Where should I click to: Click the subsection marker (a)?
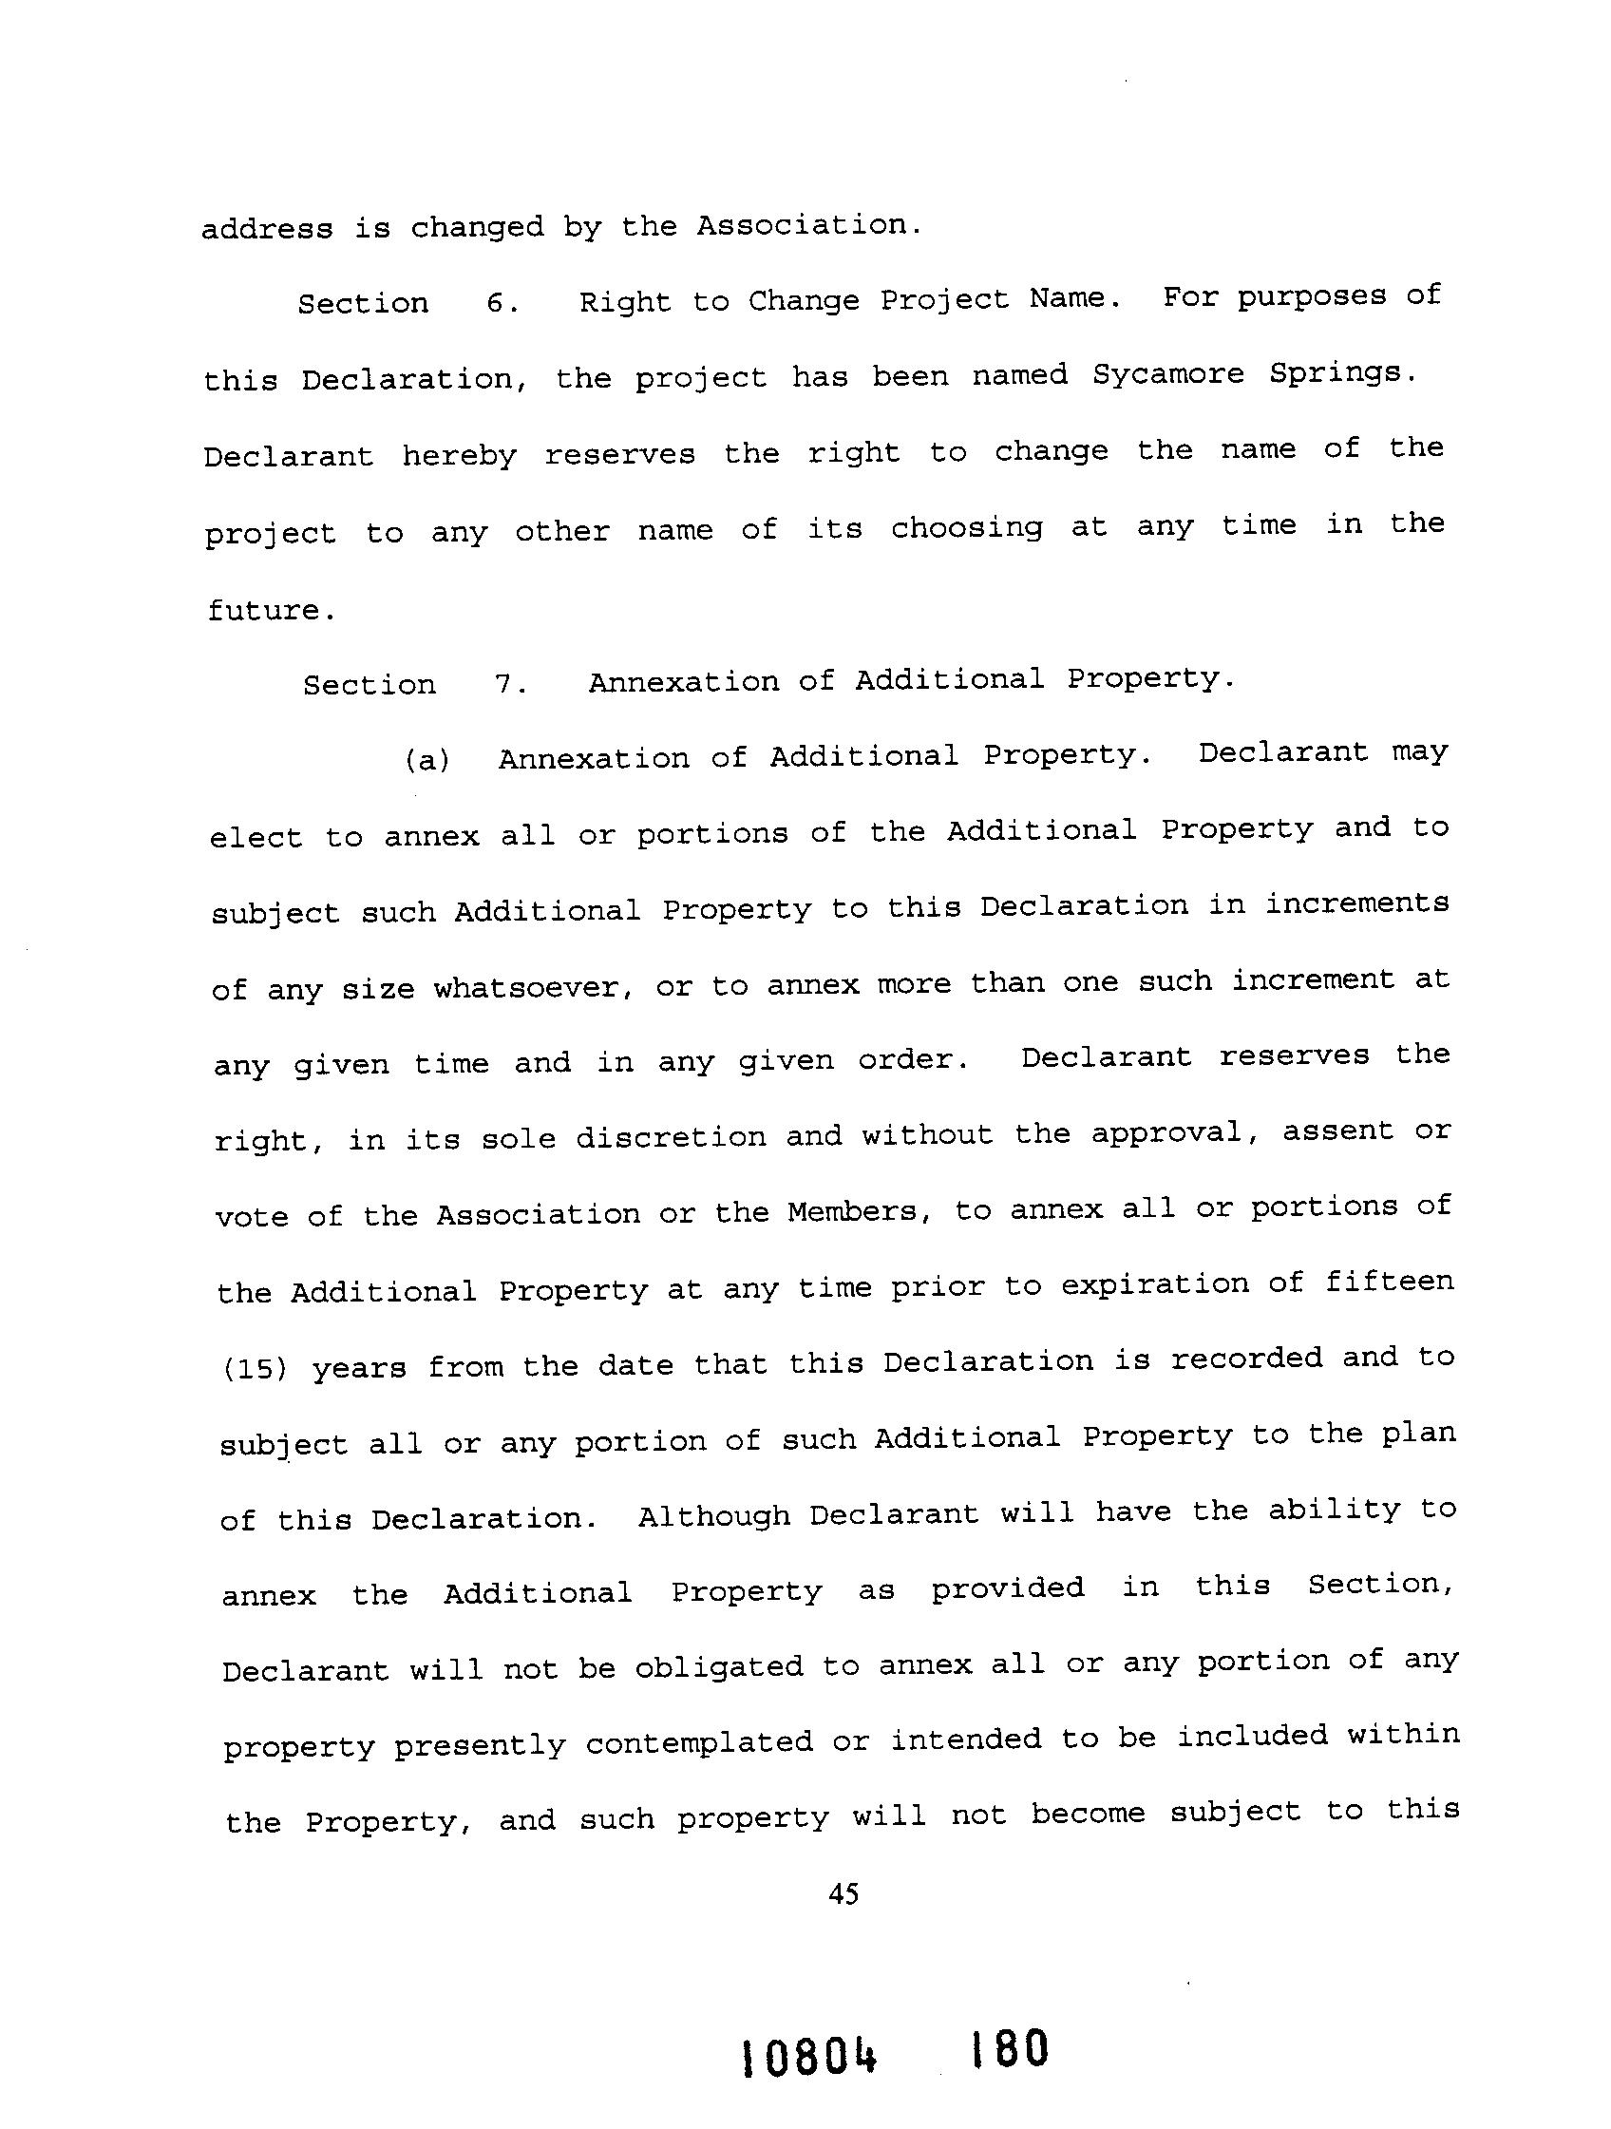(x=426, y=760)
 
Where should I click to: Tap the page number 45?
(x=843, y=1895)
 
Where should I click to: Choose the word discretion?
(x=671, y=1137)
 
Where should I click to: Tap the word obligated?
(x=718, y=1667)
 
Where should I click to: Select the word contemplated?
(x=699, y=1743)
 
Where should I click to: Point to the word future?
(x=271, y=610)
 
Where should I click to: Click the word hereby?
(x=459, y=455)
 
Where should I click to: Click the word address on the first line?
(x=267, y=229)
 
